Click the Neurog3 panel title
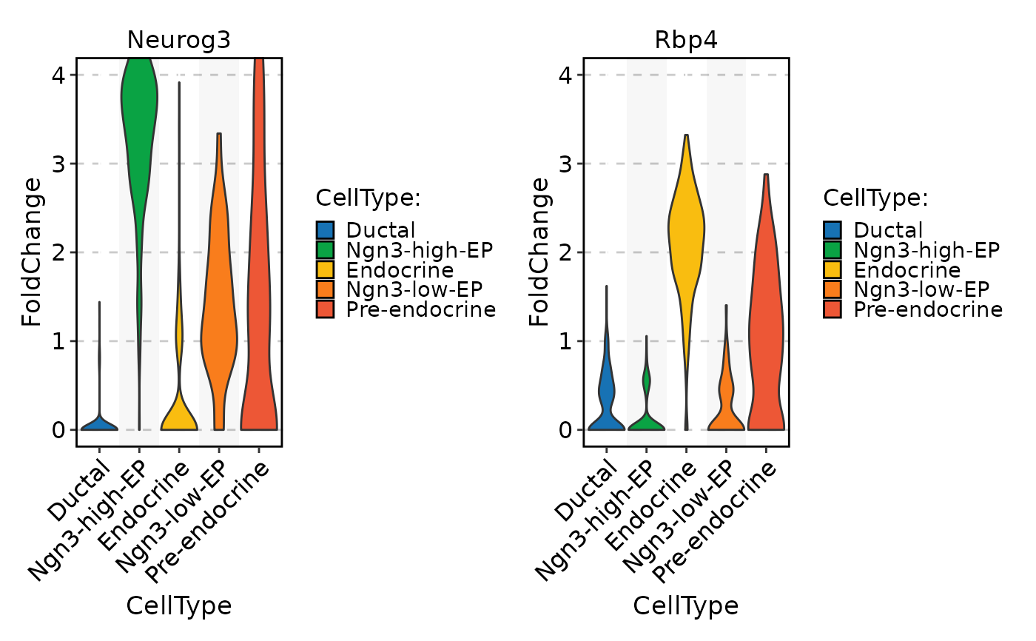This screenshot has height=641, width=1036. (x=178, y=40)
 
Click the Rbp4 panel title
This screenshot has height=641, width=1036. (x=685, y=40)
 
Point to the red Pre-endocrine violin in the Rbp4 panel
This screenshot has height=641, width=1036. (x=766, y=333)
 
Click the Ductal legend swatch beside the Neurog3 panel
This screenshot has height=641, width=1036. (x=326, y=230)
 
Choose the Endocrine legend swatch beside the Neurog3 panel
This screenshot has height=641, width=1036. (x=326, y=269)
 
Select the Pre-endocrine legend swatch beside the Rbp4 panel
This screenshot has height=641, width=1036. (x=833, y=309)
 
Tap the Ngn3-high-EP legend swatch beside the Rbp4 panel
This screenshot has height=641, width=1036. (x=833, y=249)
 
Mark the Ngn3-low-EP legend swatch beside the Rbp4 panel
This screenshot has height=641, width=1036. (x=833, y=289)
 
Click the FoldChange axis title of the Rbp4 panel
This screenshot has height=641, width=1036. (x=539, y=252)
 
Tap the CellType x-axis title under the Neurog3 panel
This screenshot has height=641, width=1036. (x=178, y=605)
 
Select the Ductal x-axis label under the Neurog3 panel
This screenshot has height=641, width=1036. (x=79, y=490)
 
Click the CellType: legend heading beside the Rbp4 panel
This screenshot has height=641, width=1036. (x=875, y=198)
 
